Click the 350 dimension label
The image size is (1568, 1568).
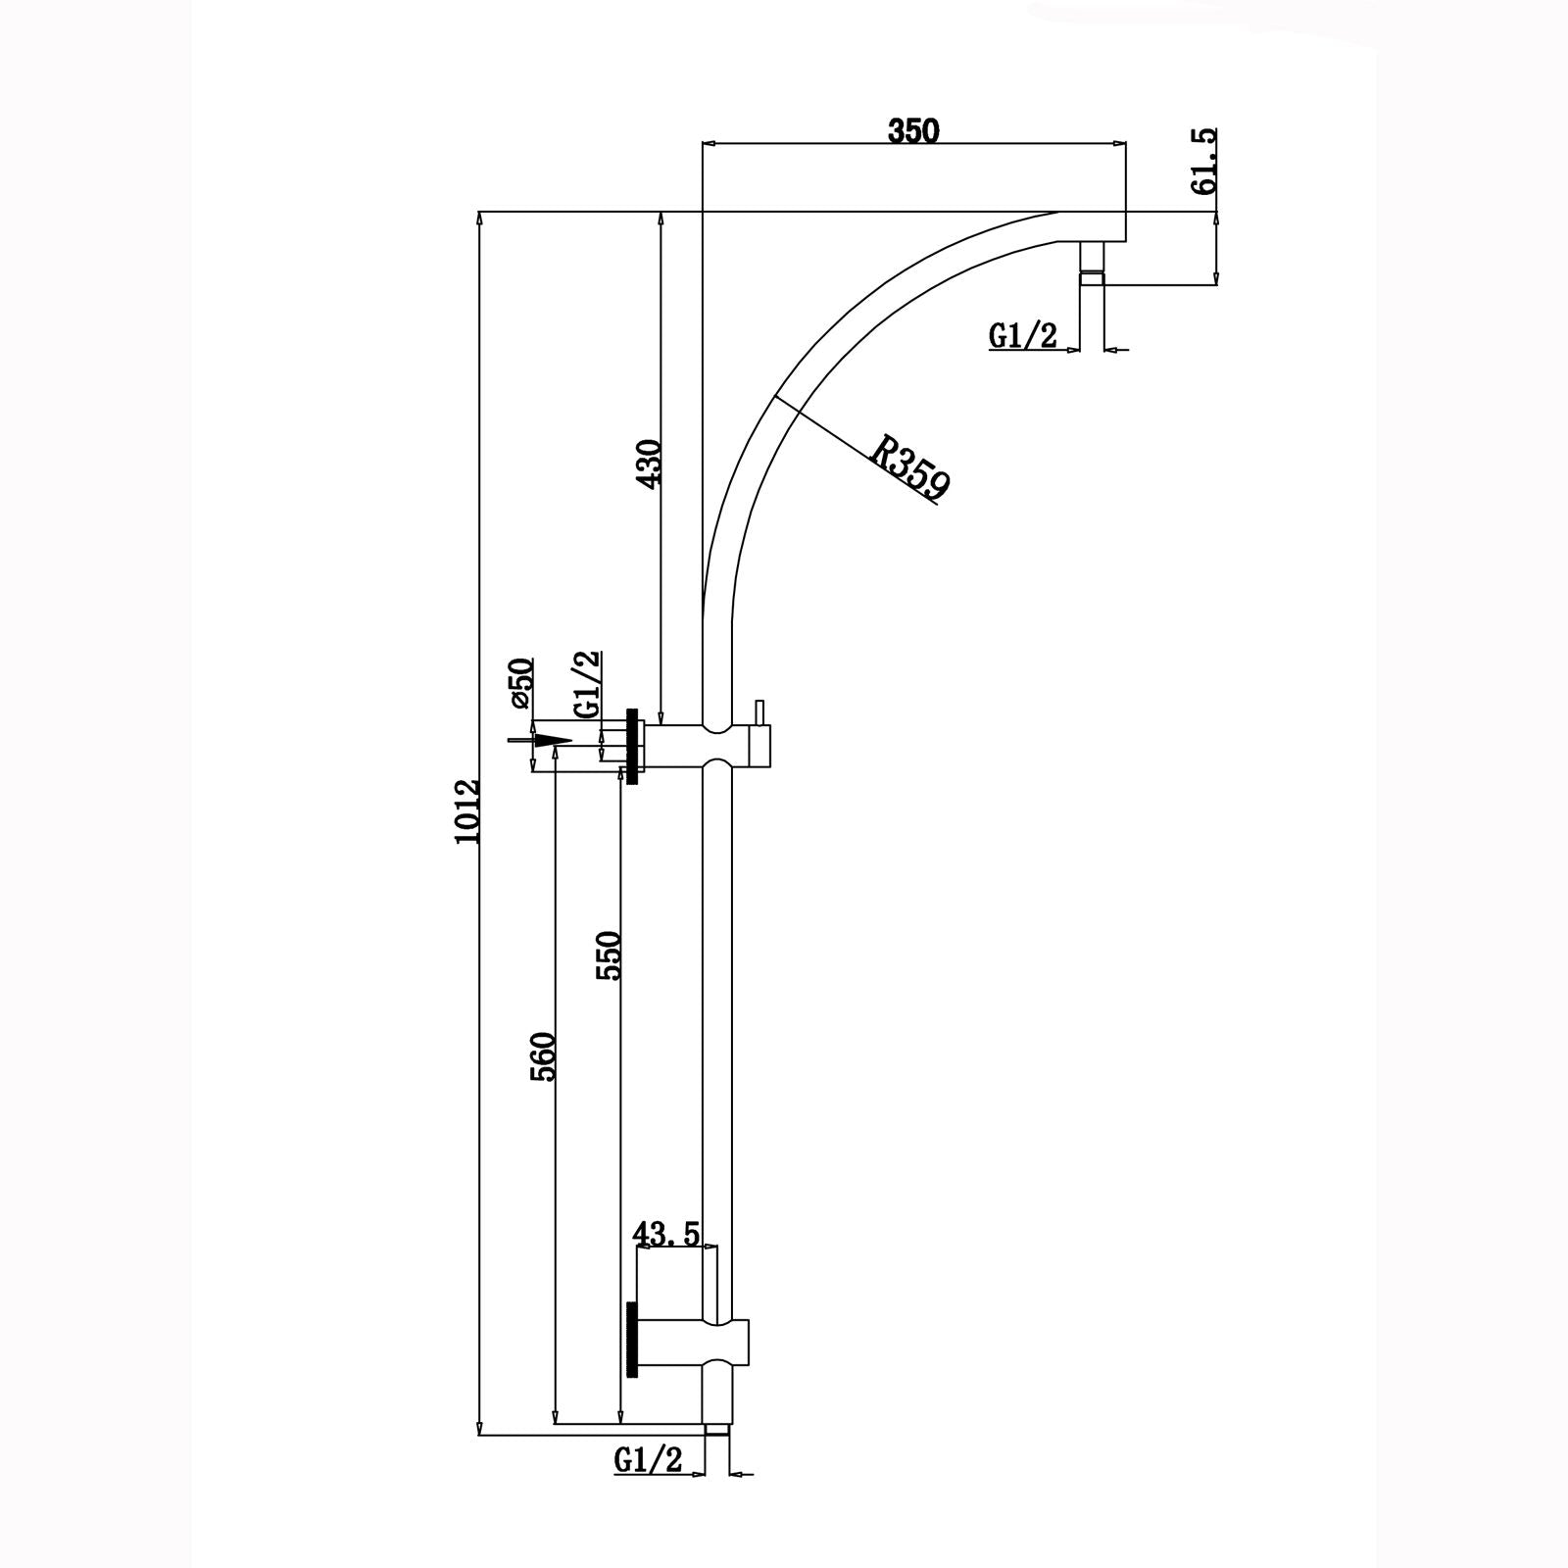pos(913,130)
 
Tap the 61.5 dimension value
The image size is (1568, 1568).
pos(1204,161)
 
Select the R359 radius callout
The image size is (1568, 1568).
pos(910,469)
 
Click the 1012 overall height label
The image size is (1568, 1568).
pos(467,811)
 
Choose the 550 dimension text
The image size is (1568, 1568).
pos(610,955)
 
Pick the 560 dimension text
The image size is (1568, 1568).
pos(545,1055)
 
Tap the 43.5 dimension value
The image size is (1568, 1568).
pos(666,1234)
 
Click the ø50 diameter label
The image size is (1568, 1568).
pos(520,683)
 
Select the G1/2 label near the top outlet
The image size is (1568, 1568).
pos(1023,337)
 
